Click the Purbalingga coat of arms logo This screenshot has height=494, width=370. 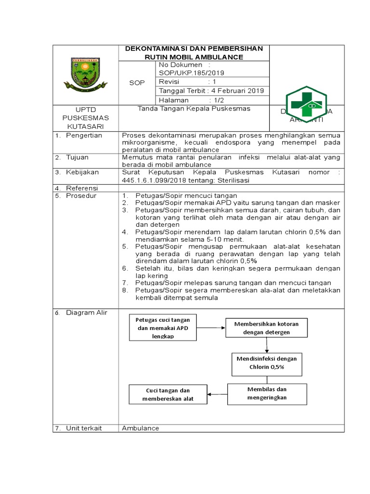coord(85,75)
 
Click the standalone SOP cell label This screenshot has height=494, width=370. coord(137,82)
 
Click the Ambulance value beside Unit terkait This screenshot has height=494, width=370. coord(140,428)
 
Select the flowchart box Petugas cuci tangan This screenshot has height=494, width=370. coord(162,328)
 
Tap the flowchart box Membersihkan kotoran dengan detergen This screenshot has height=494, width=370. coord(266,328)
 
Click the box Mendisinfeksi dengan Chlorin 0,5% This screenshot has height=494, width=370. coord(266,363)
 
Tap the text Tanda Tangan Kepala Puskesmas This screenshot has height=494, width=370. coord(194,109)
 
